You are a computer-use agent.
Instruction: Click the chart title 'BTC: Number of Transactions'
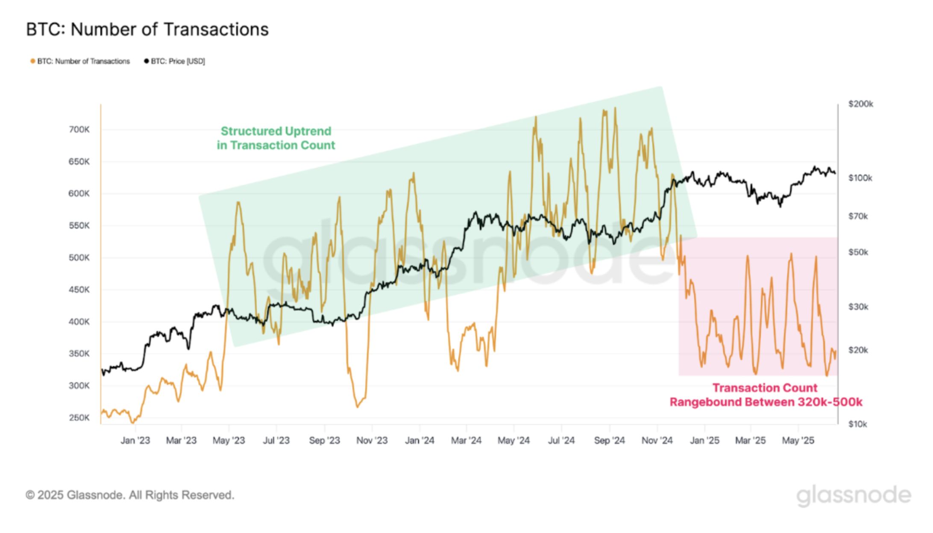click(147, 29)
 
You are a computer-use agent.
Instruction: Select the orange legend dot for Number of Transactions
click(32, 61)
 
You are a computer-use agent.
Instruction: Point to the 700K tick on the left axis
click(79, 129)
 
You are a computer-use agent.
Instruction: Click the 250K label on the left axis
click(79, 418)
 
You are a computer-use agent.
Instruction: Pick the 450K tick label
click(79, 290)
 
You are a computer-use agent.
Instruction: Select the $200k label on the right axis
click(860, 104)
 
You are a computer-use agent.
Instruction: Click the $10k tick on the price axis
click(858, 424)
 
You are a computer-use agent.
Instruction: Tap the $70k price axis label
click(858, 217)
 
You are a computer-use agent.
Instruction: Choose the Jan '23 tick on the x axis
click(135, 440)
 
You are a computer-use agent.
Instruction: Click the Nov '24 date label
click(657, 440)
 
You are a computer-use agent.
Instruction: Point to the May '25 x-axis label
click(798, 440)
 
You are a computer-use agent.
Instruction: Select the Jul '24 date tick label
click(561, 440)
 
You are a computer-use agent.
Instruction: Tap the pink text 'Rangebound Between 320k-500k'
click(766, 402)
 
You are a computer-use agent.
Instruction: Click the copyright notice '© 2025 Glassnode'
click(130, 495)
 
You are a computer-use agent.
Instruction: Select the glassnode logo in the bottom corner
click(853, 495)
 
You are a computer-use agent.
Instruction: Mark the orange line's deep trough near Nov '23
click(358, 406)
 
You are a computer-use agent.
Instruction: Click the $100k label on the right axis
click(860, 178)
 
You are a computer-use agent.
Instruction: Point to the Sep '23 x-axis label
click(324, 440)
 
